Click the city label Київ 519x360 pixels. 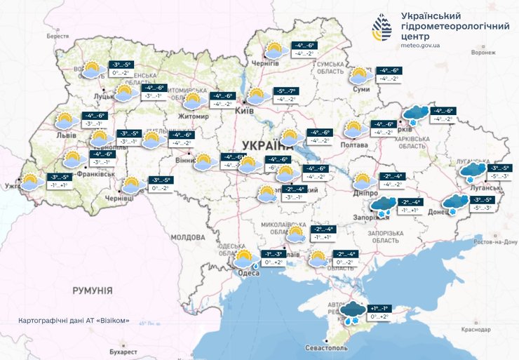tap(245, 110)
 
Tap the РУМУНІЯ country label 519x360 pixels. tap(93, 289)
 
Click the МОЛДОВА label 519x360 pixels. tap(186, 237)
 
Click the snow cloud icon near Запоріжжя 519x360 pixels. tap(382, 205)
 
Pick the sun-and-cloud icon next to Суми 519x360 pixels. tap(360, 76)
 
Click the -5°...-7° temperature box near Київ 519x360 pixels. tap(288, 91)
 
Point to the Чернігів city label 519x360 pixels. tap(265, 63)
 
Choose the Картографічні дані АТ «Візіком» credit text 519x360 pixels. tap(74, 321)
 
